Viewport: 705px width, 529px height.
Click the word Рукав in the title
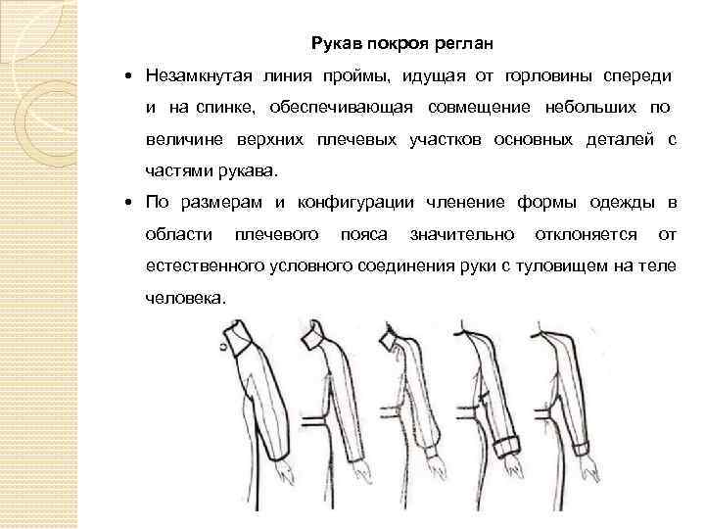point(335,43)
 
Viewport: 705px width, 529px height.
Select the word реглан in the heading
point(468,43)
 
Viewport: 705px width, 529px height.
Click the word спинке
point(224,107)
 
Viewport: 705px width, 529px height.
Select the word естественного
point(198,266)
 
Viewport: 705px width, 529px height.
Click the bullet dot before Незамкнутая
point(130,76)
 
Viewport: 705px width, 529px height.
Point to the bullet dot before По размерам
point(130,204)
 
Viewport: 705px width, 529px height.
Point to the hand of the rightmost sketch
point(586,480)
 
